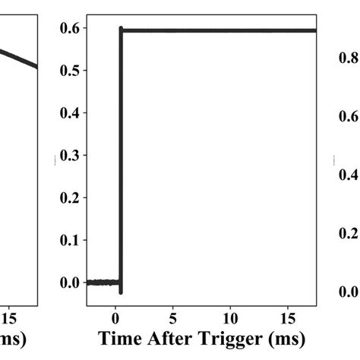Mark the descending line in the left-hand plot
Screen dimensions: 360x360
click(19, 58)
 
